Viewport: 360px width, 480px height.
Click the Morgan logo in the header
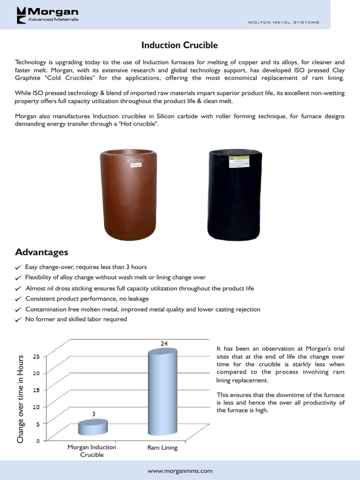47,15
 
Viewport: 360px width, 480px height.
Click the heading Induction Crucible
180,45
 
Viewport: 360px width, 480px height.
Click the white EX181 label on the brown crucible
135,161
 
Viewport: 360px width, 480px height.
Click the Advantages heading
42,252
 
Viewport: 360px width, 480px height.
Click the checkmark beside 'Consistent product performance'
18,299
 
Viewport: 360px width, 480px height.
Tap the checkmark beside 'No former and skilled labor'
18,320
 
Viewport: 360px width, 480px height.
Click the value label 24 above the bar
164,344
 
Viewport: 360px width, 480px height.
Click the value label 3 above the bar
93,414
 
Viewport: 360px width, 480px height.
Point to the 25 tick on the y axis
36,356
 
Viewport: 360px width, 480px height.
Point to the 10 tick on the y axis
36,406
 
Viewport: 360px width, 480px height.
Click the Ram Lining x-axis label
163,448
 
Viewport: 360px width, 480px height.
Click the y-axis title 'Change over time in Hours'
20,398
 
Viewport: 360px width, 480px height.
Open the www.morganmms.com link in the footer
180,471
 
